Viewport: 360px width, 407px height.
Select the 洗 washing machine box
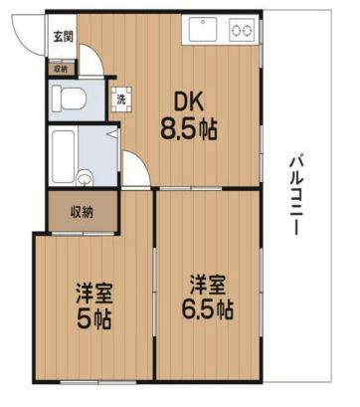(120, 98)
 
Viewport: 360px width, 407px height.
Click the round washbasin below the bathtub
(84, 180)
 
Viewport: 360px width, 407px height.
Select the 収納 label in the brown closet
(82, 211)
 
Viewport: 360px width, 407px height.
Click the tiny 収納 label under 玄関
(60, 69)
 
